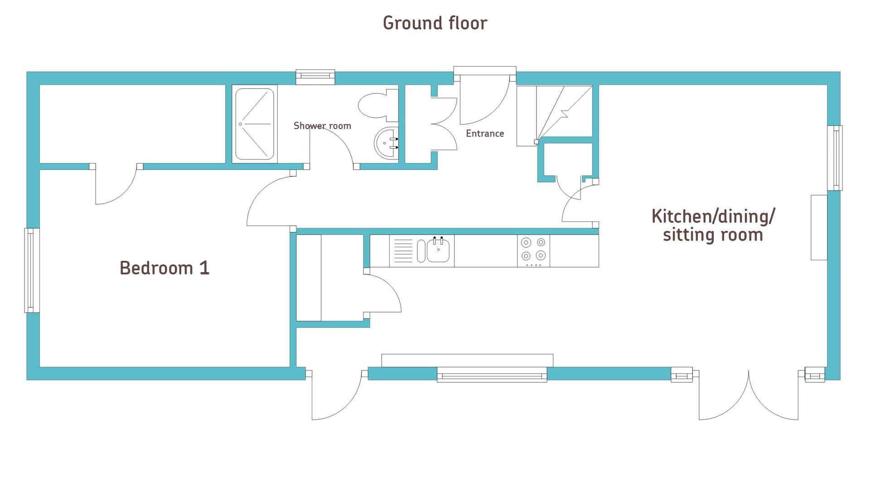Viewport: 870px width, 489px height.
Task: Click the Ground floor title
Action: click(x=435, y=23)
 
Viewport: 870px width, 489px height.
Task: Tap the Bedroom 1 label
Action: click(x=164, y=268)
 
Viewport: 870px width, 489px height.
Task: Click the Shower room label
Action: click(x=322, y=126)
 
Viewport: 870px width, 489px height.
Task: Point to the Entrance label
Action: click(x=485, y=134)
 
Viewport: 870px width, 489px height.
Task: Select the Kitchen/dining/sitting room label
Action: click(x=713, y=225)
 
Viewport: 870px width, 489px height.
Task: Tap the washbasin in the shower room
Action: click(x=386, y=143)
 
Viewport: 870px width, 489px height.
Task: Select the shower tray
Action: click(x=255, y=124)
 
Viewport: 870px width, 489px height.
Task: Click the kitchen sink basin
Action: click(x=438, y=250)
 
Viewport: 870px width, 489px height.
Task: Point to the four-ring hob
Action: click(x=533, y=251)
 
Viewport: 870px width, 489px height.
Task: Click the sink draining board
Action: click(x=403, y=251)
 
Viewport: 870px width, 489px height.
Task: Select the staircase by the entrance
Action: click(x=555, y=115)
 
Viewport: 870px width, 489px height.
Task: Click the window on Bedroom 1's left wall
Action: click(x=32, y=270)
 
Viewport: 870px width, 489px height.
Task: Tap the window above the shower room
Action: click(x=315, y=77)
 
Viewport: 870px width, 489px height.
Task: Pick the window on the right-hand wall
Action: click(x=835, y=158)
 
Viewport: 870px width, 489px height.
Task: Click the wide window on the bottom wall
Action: click(x=492, y=375)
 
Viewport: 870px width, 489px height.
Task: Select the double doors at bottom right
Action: click(x=749, y=395)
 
